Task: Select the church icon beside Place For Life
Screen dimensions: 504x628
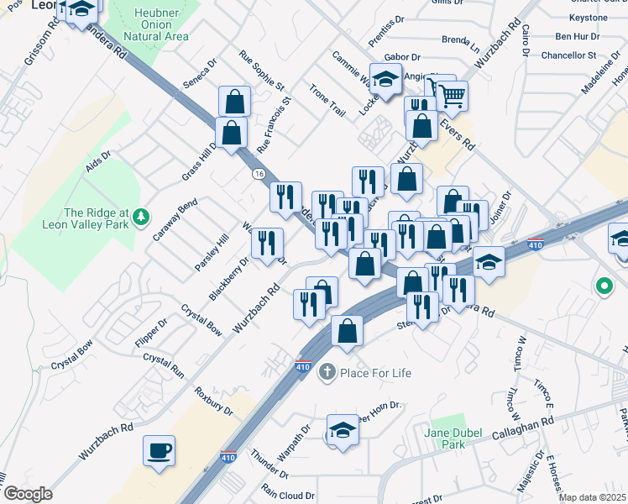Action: point(327,372)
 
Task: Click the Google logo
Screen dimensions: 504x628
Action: point(28,494)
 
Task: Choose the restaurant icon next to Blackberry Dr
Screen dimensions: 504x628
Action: point(267,244)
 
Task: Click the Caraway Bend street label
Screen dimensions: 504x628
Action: point(175,220)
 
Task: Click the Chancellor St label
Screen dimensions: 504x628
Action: point(568,55)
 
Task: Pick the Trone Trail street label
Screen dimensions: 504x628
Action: point(327,101)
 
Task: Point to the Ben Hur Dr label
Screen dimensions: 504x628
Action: point(577,37)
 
